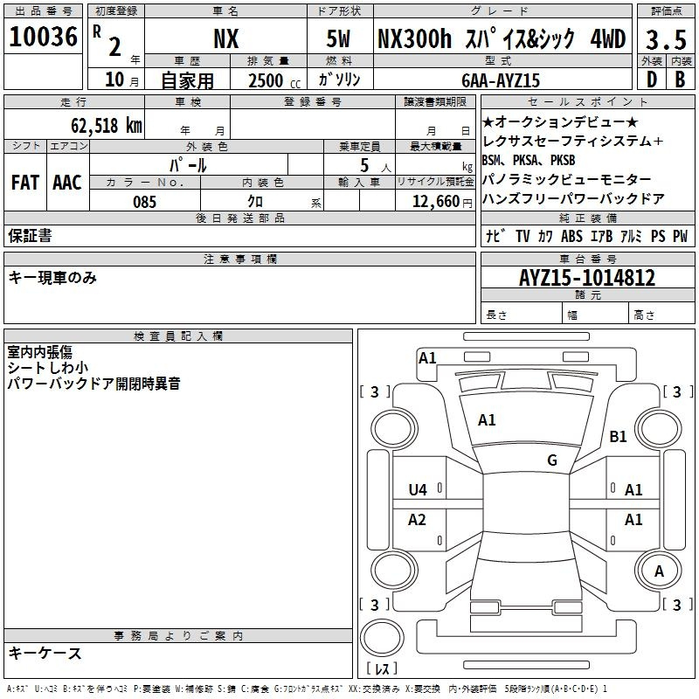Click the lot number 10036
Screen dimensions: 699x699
tap(43, 37)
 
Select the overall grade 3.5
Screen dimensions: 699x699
tap(666, 39)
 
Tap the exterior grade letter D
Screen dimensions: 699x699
tap(652, 80)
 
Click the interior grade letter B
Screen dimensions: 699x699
tap(680, 80)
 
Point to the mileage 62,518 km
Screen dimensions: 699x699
tap(107, 126)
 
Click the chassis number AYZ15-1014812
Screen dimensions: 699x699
tap(587, 278)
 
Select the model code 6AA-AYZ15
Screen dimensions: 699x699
tap(501, 80)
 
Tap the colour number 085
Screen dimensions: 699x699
tap(145, 202)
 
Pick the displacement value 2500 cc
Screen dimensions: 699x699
tap(274, 81)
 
